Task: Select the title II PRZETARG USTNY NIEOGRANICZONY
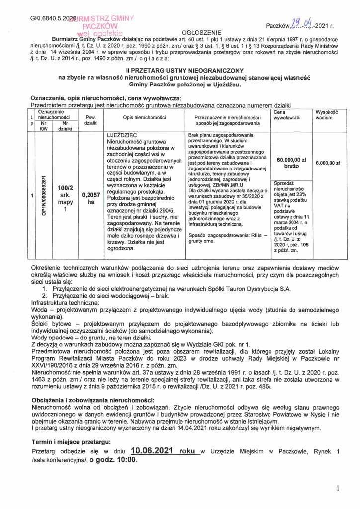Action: pyautogui.click(x=183, y=71)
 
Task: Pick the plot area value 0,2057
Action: pyautogui.click(x=90, y=195)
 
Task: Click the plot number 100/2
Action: pyautogui.click(x=65, y=188)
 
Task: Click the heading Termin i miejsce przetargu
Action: pyautogui.click(x=71, y=441)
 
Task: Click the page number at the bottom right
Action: pyautogui.click(x=338, y=488)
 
